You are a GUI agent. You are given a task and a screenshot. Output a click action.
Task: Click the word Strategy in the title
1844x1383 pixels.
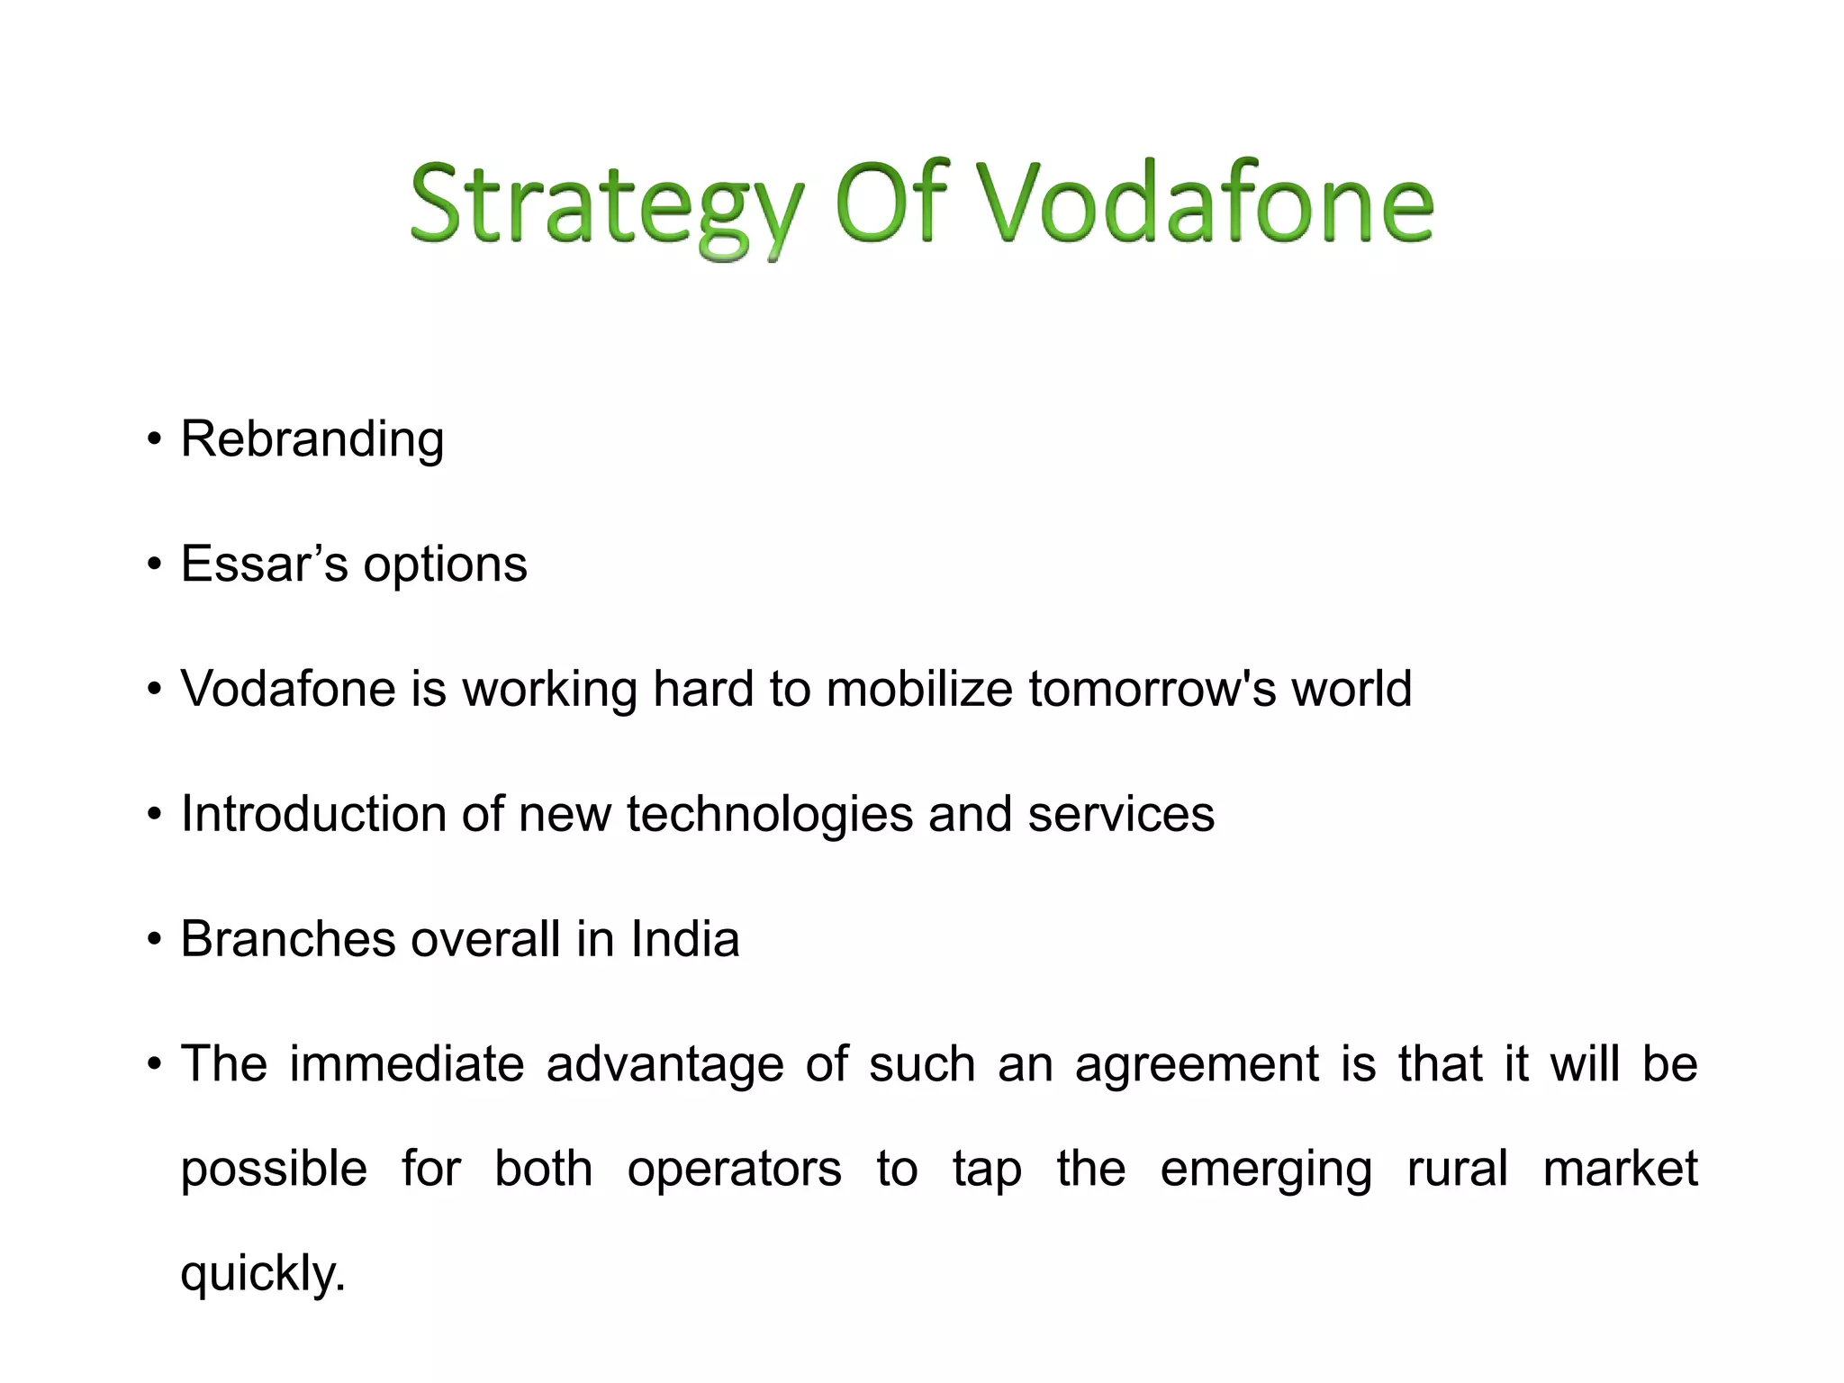(605, 205)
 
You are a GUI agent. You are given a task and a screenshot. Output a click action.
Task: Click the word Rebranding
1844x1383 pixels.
(312, 440)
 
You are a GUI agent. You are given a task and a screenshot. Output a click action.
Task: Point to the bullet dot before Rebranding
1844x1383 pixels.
(155, 440)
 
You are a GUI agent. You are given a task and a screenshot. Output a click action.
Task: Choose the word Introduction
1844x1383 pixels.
(313, 814)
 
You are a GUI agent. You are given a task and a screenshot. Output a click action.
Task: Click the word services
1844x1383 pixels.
(1121, 814)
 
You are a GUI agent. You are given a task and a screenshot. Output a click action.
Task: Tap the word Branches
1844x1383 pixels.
(288, 939)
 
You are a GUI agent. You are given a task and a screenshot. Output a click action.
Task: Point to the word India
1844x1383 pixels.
(684, 939)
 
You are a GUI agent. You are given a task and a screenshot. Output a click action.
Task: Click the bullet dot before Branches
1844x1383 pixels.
(155, 940)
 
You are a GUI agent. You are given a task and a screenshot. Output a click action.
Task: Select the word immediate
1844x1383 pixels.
(407, 1064)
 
